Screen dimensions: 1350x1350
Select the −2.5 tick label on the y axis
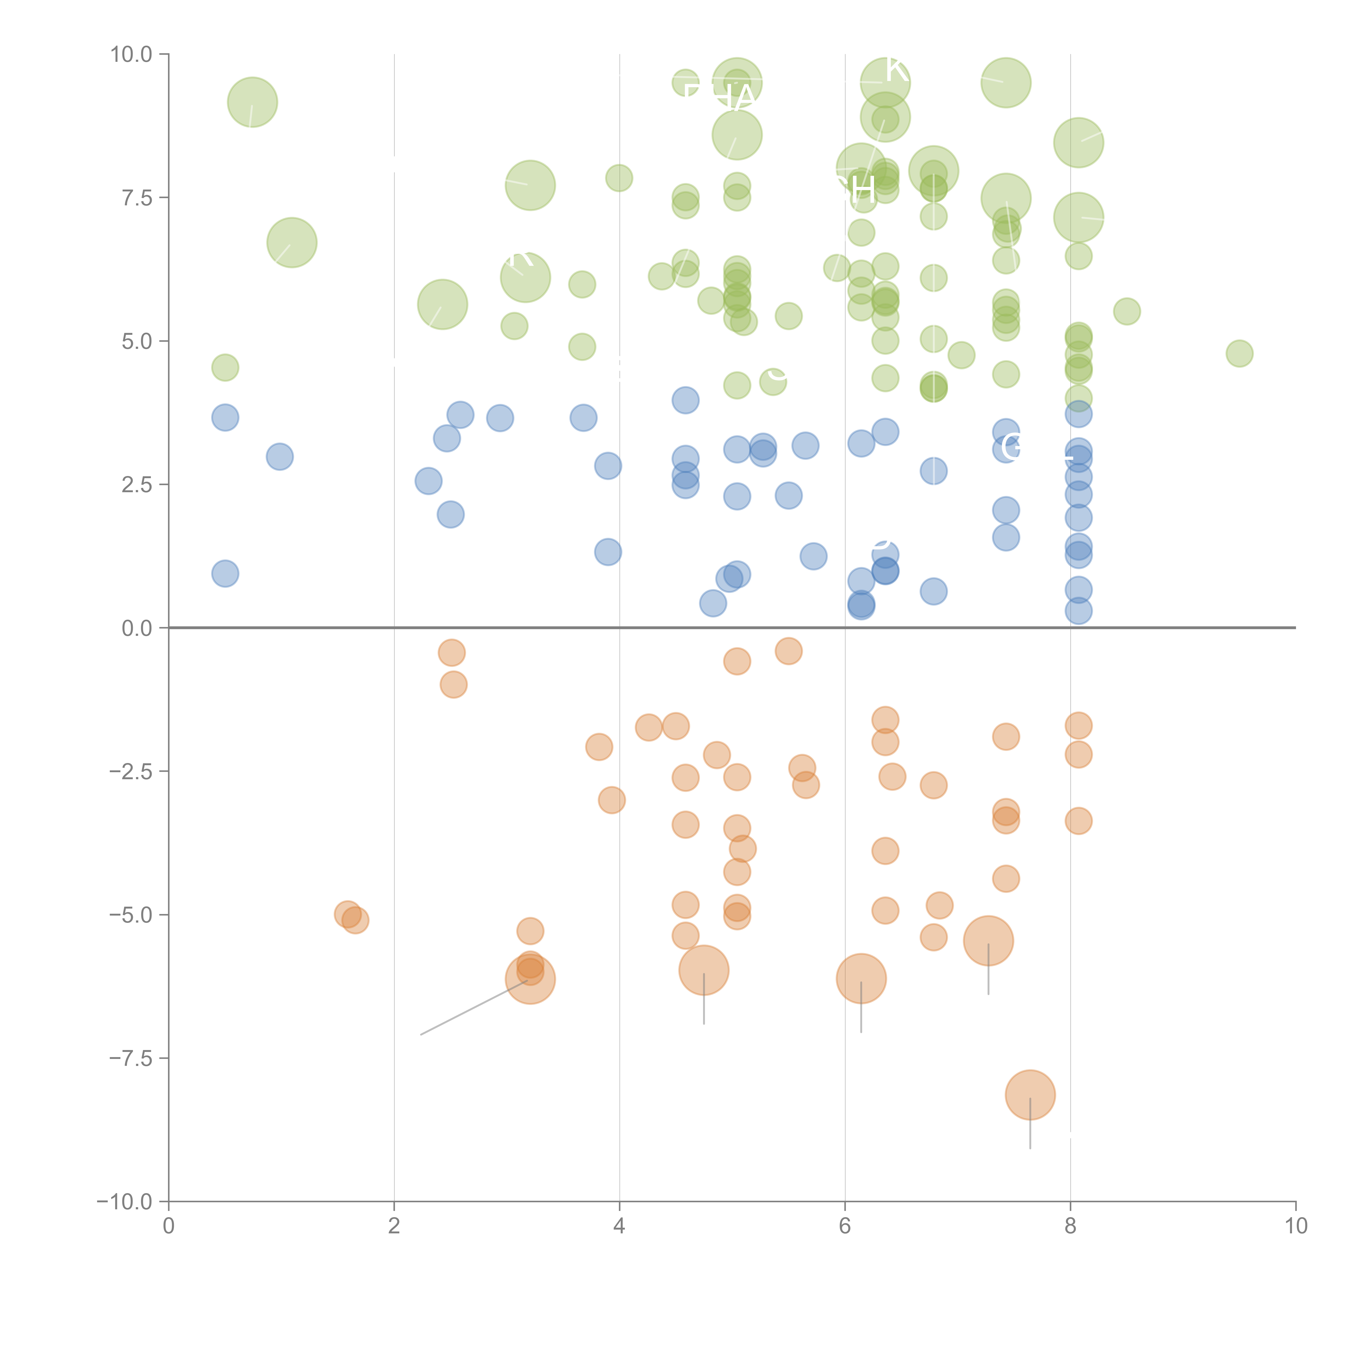click(x=131, y=771)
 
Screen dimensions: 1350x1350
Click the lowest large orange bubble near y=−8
click(x=1030, y=1095)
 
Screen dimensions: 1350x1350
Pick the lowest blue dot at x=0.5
click(x=225, y=574)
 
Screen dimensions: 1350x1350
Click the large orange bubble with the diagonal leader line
click(x=530, y=979)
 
